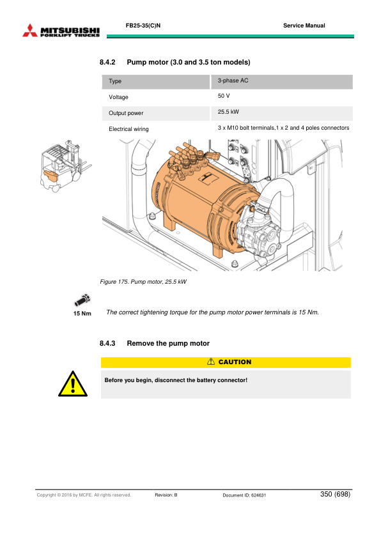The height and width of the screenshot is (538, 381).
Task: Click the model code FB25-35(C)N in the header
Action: point(143,26)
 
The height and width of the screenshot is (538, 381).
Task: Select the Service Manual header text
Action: point(304,26)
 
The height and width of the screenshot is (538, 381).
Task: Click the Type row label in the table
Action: point(115,82)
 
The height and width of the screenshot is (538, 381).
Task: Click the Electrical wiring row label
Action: point(128,129)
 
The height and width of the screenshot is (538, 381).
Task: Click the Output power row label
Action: point(126,113)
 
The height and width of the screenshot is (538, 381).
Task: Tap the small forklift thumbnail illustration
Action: point(63,167)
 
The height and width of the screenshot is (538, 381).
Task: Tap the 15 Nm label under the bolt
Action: point(82,313)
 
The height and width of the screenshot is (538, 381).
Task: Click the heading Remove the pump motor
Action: point(168,344)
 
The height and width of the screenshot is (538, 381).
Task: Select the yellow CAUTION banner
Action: point(226,362)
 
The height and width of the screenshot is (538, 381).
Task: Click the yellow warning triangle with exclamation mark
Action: point(73,385)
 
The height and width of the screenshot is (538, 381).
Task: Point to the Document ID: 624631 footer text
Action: point(244,495)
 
